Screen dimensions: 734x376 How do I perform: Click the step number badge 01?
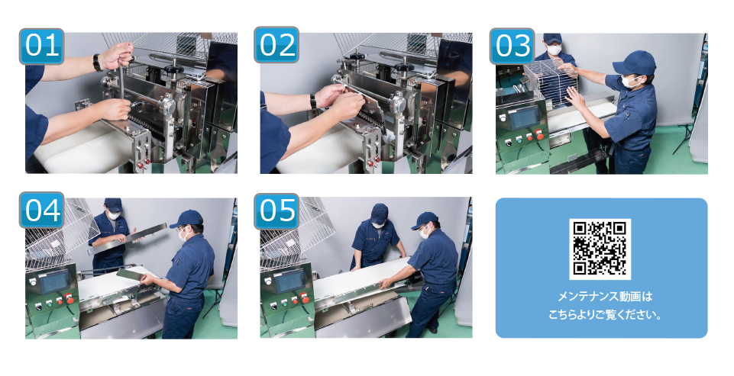pyautogui.click(x=42, y=46)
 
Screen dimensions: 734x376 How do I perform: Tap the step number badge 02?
pyautogui.click(x=276, y=45)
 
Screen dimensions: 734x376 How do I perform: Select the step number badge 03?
pyautogui.click(x=512, y=46)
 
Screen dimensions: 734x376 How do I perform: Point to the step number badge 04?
pyautogui.click(x=42, y=210)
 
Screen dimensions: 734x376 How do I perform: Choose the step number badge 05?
pyautogui.click(x=276, y=211)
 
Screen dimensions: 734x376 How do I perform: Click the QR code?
pyautogui.click(x=600, y=249)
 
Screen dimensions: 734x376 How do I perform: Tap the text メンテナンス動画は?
pyautogui.click(x=601, y=297)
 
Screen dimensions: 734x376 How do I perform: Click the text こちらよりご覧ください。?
pyautogui.click(x=605, y=315)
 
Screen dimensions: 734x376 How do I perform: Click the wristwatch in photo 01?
pyautogui.click(x=97, y=63)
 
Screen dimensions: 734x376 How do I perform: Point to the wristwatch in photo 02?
pyautogui.click(x=312, y=101)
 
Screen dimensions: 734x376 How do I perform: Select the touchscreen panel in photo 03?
pyautogui.click(x=524, y=119)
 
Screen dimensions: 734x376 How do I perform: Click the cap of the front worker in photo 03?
pyautogui.click(x=635, y=63)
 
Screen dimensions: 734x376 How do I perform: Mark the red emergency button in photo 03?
pyautogui.click(x=540, y=135)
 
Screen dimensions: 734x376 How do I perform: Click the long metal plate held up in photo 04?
pyautogui.click(x=127, y=239)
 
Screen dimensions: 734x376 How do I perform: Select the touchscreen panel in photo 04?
pyautogui.click(x=55, y=282)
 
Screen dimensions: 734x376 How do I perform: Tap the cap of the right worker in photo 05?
pyautogui.click(x=425, y=220)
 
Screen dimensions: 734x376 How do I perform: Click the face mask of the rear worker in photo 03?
pyautogui.click(x=555, y=50)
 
